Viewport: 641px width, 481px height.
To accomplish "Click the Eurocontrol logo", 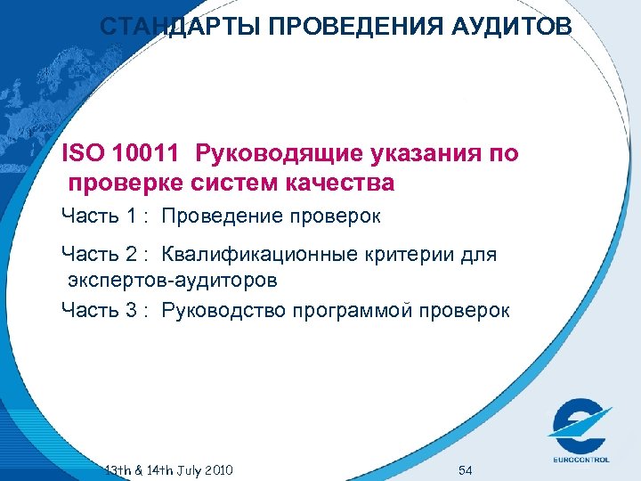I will (579, 428).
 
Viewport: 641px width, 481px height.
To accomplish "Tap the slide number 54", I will (465, 469).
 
